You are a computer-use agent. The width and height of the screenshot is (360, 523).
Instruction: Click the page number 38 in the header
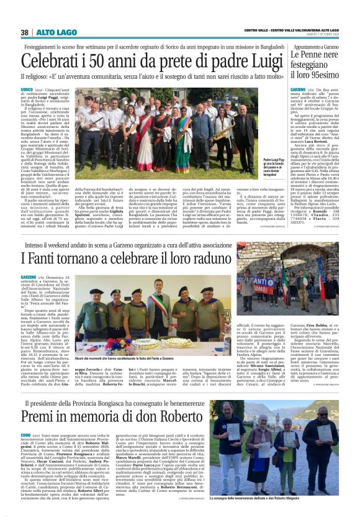pyautogui.click(x=25, y=32)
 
